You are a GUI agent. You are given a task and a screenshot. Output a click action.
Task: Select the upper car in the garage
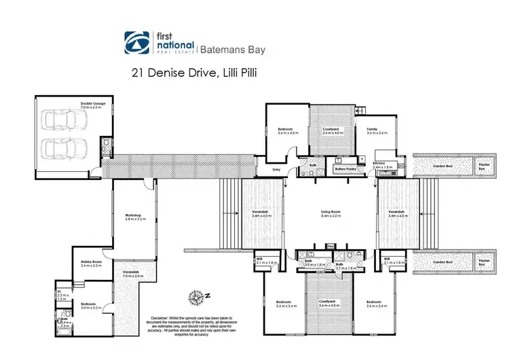[x=65, y=122]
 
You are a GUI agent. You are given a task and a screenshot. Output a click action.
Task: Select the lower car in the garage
[x=65, y=147]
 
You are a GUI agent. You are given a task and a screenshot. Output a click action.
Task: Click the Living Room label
[x=331, y=213]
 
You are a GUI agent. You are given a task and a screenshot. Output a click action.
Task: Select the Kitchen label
[x=379, y=163]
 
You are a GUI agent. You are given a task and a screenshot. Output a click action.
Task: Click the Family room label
[x=372, y=129]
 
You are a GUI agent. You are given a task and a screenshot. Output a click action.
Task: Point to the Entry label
[x=276, y=169]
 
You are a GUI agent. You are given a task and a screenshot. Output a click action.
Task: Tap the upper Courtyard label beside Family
[x=330, y=129]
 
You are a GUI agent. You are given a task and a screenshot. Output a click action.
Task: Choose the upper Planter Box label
[x=483, y=164]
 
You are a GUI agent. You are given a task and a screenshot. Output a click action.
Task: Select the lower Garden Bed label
[x=442, y=262]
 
